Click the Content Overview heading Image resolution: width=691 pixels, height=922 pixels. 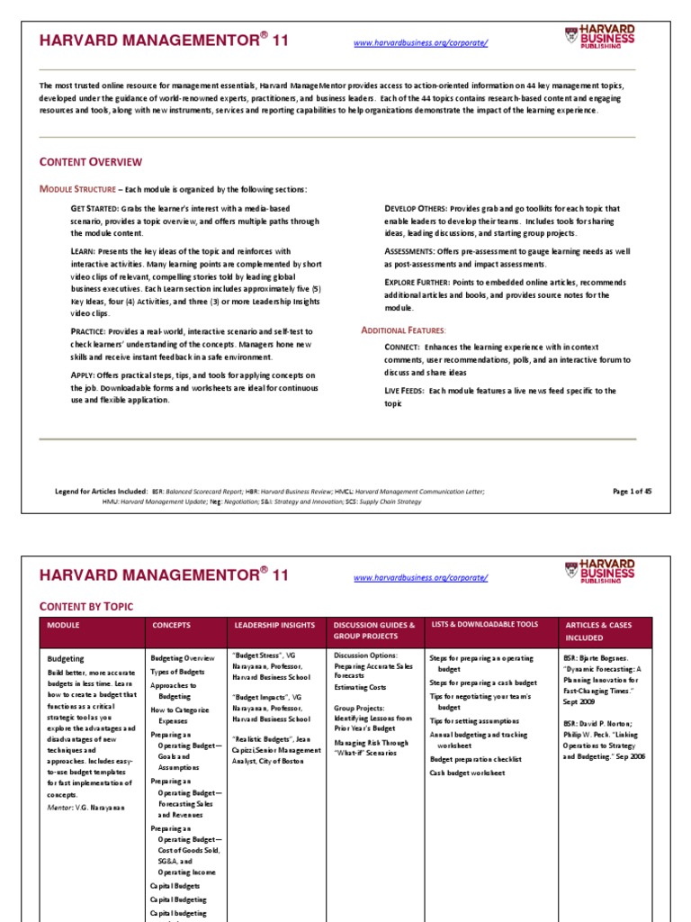pyautogui.click(x=90, y=162)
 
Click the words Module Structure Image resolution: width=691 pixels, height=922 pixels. pyautogui.click(x=77, y=189)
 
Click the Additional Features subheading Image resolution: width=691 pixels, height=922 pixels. pyautogui.click(x=403, y=330)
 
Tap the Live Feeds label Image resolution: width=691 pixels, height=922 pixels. pyautogui.click(x=405, y=391)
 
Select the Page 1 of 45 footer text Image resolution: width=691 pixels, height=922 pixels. pyautogui.click(x=632, y=491)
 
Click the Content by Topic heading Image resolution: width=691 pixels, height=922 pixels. pyautogui.click(x=85, y=607)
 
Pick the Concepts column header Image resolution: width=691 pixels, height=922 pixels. pyautogui.click(x=171, y=625)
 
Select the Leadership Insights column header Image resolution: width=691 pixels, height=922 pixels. pyautogui.click(x=274, y=625)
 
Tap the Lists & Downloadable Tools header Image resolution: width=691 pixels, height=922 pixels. pyautogui.click(x=484, y=624)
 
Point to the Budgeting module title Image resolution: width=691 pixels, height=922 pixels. pyautogui.click(x=65, y=658)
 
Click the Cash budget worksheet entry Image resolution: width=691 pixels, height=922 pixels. pyautogui.click(x=467, y=773)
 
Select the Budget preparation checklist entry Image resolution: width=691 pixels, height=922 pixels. pyautogui.click(x=475, y=759)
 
